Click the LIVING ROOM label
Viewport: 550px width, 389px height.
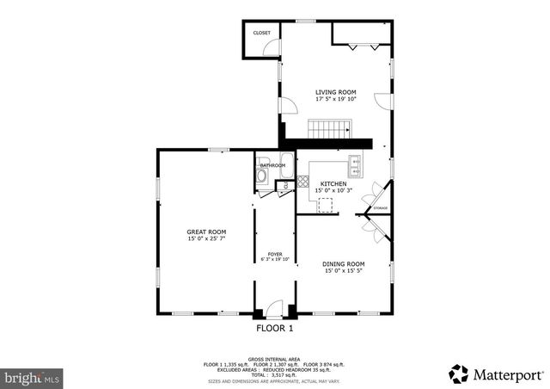click(335, 92)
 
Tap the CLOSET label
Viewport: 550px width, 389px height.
click(261, 33)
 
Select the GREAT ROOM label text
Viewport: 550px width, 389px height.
click(206, 232)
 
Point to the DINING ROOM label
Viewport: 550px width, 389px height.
click(343, 263)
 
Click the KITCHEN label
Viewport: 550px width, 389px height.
click(333, 184)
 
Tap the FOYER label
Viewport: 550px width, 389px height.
click(275, 254)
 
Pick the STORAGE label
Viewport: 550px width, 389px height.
click(380, 208)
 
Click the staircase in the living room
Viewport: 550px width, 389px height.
click(331, 129)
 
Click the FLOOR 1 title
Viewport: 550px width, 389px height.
click(275, 329)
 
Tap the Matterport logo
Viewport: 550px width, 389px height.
click(496, 374)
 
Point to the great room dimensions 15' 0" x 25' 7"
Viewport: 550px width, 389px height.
click(206, 238)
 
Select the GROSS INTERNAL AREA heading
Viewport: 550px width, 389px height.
click(275, 359)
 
